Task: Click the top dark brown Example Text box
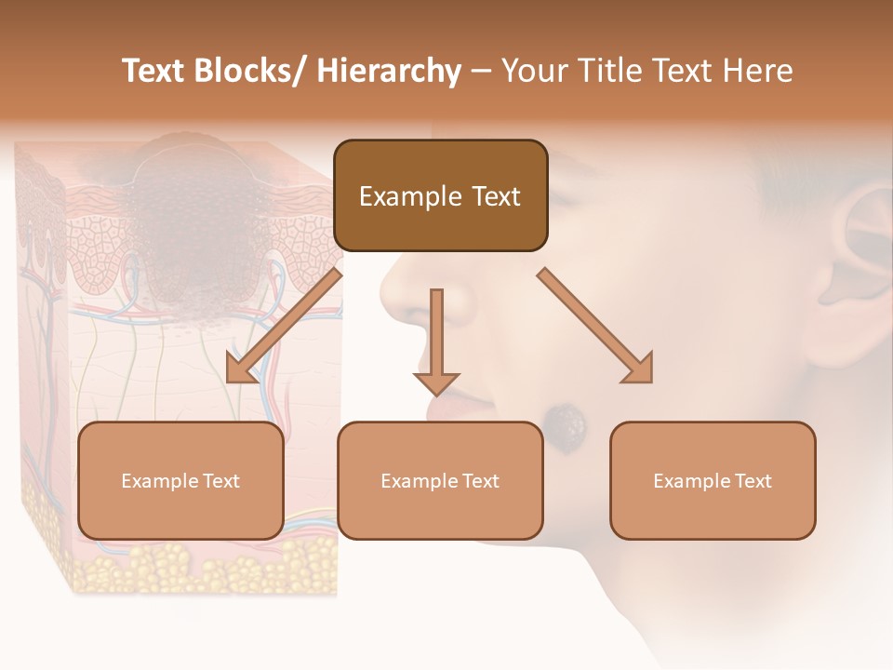(440, 195)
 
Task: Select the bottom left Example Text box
(180, 480)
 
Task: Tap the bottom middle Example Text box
(440, 480)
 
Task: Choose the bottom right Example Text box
(713, 480)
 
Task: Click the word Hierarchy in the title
(389, 71)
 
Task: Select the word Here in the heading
(757, 71)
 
